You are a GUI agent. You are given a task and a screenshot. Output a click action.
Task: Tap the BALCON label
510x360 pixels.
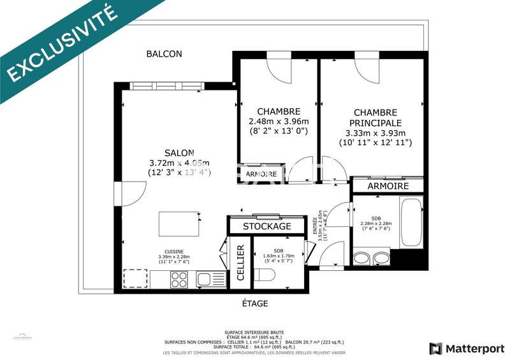click(164, 54)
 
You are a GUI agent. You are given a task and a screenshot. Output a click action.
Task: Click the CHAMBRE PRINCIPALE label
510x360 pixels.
click(375, 117)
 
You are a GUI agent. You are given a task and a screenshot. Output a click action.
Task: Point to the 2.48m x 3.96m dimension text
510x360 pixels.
click(279, 122)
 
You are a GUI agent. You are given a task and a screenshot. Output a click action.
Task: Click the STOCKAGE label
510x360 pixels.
click(267, 226)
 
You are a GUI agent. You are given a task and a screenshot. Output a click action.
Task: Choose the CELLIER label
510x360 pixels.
click(240, 263)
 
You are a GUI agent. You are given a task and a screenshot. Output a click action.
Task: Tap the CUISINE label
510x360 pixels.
click(175, 252)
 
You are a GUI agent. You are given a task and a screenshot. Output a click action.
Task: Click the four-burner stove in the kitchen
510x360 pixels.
click(179, 278)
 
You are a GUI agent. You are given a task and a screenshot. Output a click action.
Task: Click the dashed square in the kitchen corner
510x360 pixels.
click(135, 279)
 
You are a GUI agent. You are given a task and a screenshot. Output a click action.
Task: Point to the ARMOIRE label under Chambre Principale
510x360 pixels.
click(388, 186)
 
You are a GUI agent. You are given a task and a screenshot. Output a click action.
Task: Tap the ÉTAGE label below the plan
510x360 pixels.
click(255, 303)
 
